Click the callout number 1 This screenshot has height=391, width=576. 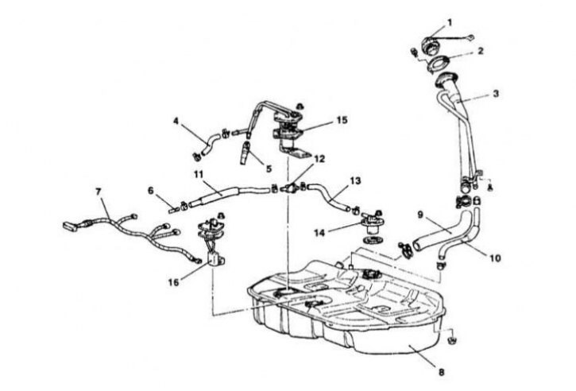tap(449, 23)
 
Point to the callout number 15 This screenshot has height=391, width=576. tap(342, 121)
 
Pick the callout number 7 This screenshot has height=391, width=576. tap(99, 192)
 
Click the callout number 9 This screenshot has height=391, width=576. tap(421, 214)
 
